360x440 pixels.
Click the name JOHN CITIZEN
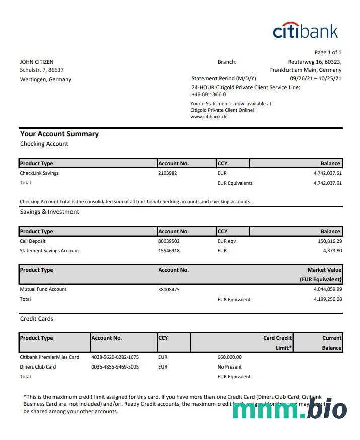[x=37, y=62]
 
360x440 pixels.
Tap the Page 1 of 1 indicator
[x=328, y=52]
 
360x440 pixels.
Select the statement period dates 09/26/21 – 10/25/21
[x=316, y=79]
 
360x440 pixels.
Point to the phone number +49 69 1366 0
[x=208, y=94]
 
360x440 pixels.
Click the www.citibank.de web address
[x=209, y=116]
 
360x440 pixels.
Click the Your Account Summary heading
[x=59, y=134]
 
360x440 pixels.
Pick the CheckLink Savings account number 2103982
[x=168, y=173]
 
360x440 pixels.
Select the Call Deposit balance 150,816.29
[x=330, y=241]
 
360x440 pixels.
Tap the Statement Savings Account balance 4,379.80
[x=332, y=251]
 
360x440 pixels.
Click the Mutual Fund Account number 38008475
[x=169, y=290]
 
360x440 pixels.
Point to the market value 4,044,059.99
[x=327, y=289]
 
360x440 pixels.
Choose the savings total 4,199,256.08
[x=327, y=299]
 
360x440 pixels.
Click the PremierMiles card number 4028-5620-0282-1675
[x=115, y=357]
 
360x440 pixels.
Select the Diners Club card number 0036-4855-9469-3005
[x=115, y=367]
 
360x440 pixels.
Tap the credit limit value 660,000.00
[x=229, y=357]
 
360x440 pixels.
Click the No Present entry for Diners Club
[x=229, y=367]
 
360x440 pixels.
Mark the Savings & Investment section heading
[x=49, y=212]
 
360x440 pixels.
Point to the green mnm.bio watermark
[x=290, y=410]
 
